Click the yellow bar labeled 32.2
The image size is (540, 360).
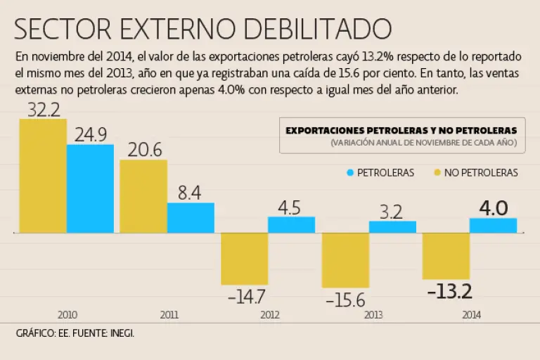(x=43, y=175)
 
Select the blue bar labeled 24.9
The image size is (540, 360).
(x=90, y=188)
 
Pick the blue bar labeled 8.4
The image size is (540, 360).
(x=191, y=217)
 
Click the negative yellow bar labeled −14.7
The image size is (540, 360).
(x=244, y=258)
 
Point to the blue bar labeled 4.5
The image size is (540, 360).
(x=291, y=224)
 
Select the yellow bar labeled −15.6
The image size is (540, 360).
(x=345, y=259)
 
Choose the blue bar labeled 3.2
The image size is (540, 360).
(x=392, y=226)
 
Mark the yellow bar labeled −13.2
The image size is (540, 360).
(x=446, y=255)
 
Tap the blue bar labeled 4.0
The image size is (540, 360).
(x=493, y=225)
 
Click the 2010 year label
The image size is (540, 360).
(x=67, y=315)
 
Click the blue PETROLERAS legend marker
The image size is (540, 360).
(x=349, y=172)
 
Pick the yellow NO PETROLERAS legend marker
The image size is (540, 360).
(x=438, y=172)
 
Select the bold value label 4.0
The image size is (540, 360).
(x=493, y=208)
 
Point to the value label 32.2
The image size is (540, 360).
(x=43, y=109)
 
